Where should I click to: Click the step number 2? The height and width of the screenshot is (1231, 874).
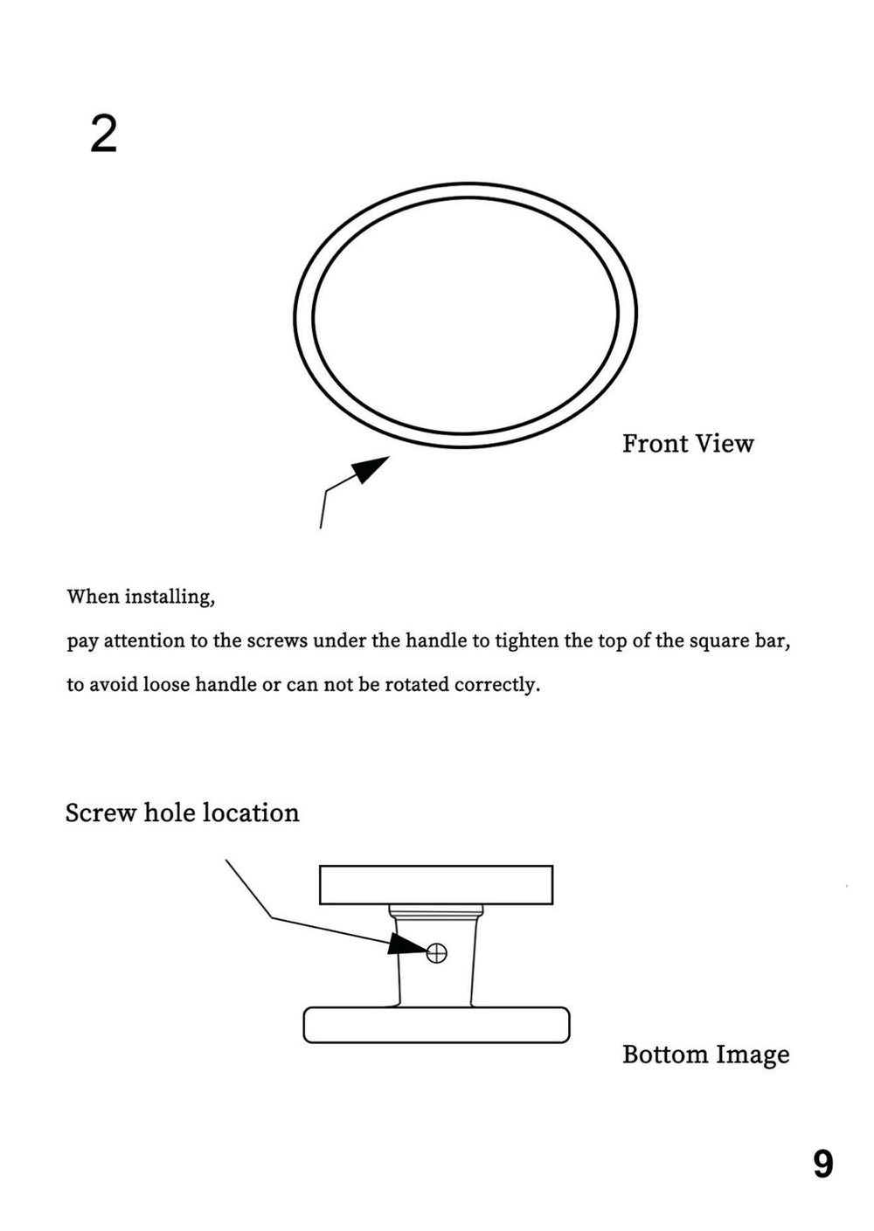(103, 135)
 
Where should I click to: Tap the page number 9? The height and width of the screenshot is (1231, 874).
(822, 1164)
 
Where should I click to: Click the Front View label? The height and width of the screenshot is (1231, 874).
(687, 444)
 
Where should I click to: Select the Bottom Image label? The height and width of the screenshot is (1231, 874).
(705, 1055)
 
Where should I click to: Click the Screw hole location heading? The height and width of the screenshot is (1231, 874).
(182, 813)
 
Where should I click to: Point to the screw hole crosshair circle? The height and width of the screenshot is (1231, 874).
(436, 952)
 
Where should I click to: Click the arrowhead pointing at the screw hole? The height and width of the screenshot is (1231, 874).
(406, 944)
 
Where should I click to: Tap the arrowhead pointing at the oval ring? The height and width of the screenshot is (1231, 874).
(371, 468)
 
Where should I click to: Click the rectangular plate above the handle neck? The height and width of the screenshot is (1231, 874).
(435, 884)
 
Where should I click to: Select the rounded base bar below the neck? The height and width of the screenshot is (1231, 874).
(436, 1025)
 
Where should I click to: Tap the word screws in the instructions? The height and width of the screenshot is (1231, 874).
(277, 641)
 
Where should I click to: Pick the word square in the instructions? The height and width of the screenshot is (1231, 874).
(719, 641)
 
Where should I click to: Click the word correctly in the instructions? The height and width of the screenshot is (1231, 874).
(497, 685)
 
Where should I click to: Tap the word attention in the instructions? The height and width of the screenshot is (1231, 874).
(144, 641)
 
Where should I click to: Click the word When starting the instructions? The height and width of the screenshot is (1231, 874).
(93, 598)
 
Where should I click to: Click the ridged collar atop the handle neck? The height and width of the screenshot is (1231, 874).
(435, 911)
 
